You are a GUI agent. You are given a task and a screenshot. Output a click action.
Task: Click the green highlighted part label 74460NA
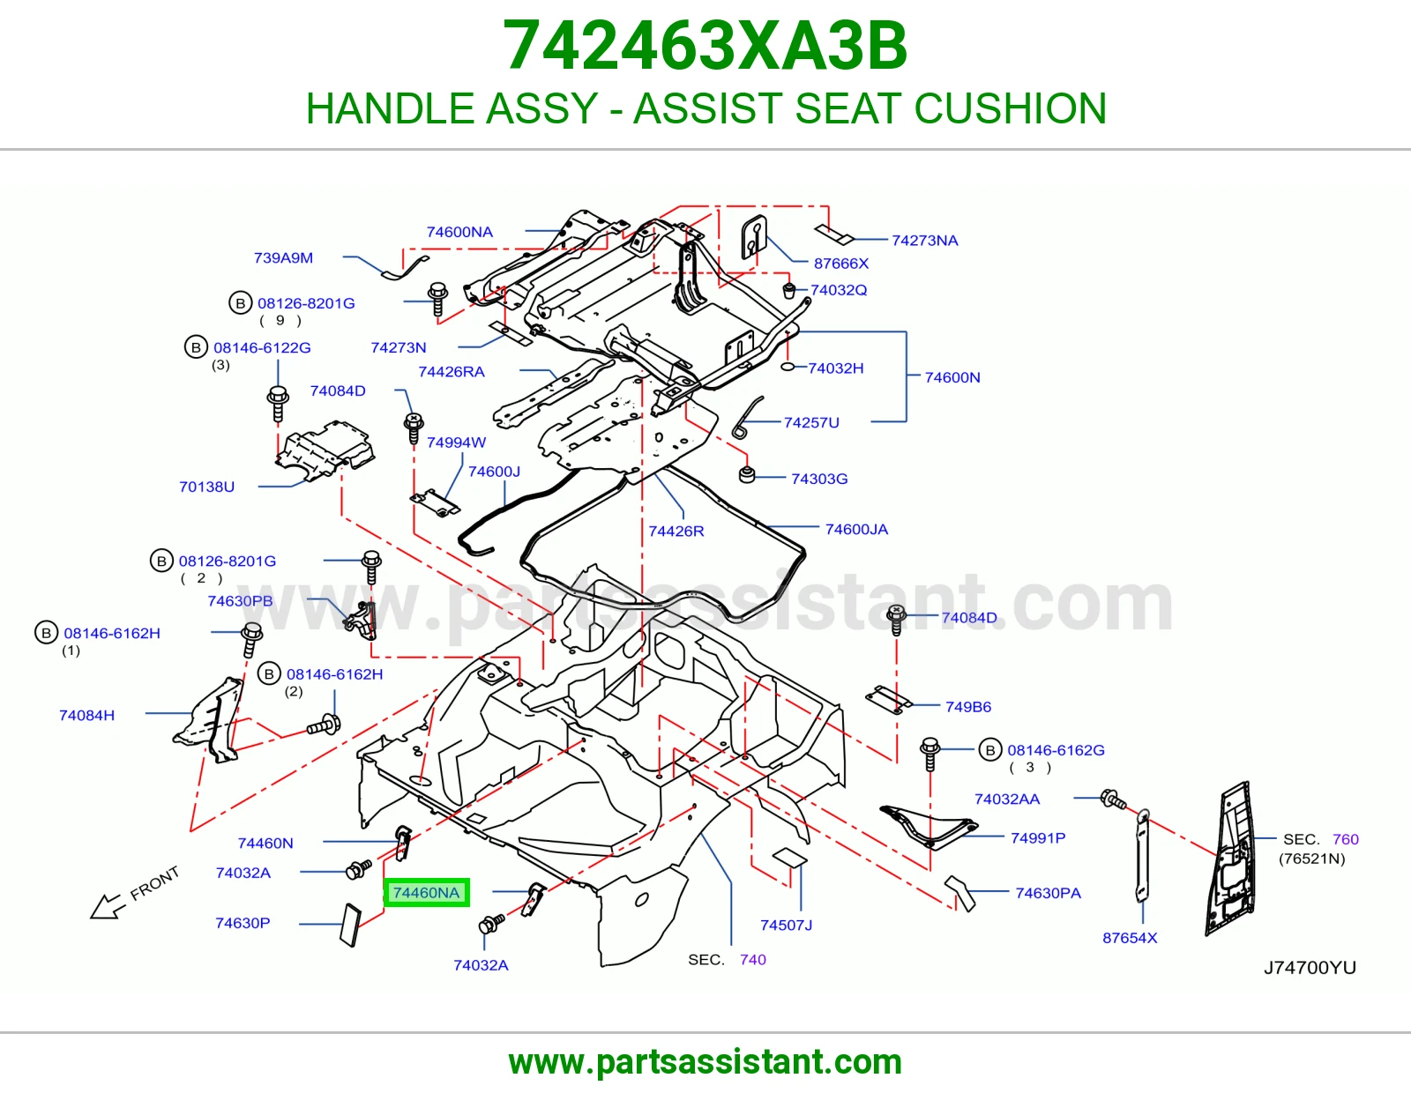426,892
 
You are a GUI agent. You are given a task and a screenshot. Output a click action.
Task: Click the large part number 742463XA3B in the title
705,46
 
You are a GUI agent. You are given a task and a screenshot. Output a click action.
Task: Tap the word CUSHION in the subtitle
1011,108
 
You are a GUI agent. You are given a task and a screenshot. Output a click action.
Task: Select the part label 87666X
841,264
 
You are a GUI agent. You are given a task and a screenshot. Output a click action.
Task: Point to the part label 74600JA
856,529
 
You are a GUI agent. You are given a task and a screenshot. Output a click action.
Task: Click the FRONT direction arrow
107,906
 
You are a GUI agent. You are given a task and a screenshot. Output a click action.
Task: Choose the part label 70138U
206,487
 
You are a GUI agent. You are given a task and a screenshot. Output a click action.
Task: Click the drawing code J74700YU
1310,968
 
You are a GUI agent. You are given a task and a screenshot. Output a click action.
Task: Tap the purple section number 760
1346,839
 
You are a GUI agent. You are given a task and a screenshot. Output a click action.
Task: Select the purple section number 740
752,959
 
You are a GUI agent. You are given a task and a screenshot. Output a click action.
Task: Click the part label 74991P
1038,838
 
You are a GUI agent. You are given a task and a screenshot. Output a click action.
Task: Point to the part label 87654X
1130,938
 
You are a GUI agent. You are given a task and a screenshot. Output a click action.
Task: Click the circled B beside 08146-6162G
990,750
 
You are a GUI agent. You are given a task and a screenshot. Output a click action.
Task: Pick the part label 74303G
819,479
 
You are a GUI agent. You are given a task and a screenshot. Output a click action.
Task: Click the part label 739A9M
283,257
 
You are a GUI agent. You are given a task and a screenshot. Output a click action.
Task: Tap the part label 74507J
787,925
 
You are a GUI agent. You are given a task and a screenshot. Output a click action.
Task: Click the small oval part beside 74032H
788,367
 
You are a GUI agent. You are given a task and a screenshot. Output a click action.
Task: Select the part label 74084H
86,715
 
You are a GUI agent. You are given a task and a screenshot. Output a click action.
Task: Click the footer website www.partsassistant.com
705,1062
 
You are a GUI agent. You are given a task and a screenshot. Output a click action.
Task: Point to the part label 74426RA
452,372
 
